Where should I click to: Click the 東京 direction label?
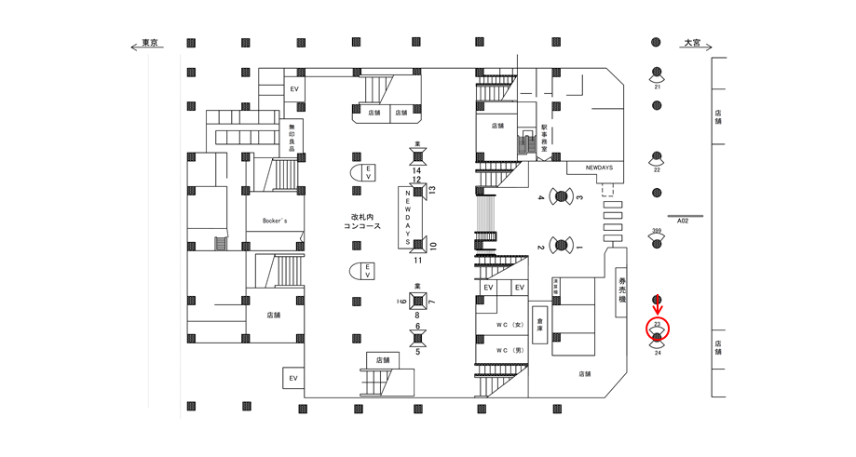[x=149, y=43]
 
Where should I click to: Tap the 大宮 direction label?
[x=691, y=43]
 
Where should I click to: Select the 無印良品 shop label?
[x=292, y=138]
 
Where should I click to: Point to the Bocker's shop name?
[x=274, y=222]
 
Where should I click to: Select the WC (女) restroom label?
[x=509, y=324]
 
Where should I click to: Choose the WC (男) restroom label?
[x=509, y=350]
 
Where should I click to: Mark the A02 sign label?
[x=682, y=222]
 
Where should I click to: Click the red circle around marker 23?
[x=658, y=329]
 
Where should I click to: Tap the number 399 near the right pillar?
[x=657, y=231]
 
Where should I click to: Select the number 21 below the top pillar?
[x=657, y=87]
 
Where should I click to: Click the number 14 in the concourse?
[x=416, y=170]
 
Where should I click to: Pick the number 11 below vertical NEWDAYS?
[x=417, y=261]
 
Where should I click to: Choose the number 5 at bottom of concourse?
[x=417, y=352]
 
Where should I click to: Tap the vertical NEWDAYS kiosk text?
[x=408, y=217]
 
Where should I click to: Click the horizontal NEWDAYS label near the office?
[x=599, y=168]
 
